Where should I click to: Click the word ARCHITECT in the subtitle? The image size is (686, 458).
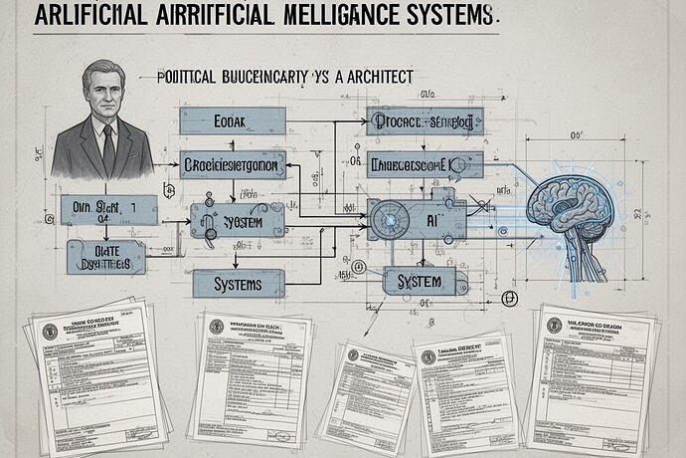click(x=373, y=76)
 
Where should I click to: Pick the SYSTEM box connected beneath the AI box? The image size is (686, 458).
click(x=419, y=282)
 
